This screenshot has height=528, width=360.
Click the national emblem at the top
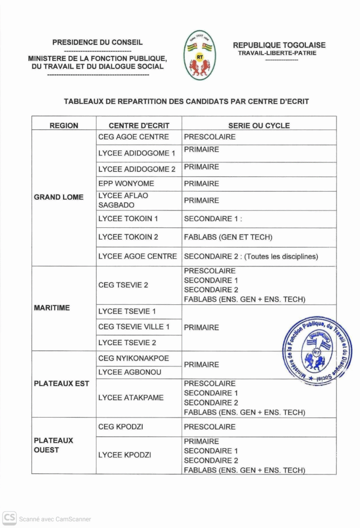point(200,55)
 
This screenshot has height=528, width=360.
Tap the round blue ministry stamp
point(317,351)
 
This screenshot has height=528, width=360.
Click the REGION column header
point(64,125)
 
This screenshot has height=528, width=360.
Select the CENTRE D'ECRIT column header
point(139,125)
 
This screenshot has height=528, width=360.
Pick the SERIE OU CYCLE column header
point(259,125)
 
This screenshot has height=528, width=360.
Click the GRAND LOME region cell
point(59,197)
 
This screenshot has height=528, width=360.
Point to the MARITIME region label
point(52,308)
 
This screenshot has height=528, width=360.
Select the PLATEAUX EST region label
point(61,384)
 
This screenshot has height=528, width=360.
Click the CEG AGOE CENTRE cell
point(134,137)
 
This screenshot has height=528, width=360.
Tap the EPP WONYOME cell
point(126,184)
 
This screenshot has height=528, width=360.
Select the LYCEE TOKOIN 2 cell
point(128,237)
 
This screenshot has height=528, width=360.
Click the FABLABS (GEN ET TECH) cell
point(228,237)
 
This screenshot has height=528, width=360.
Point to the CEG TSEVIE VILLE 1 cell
point(134,327)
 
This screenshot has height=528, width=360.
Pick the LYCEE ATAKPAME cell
point(131,398)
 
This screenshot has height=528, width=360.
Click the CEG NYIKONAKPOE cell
point(134,358)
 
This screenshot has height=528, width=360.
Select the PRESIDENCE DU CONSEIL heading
point(97,43)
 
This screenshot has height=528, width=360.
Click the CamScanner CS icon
point(9,518)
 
